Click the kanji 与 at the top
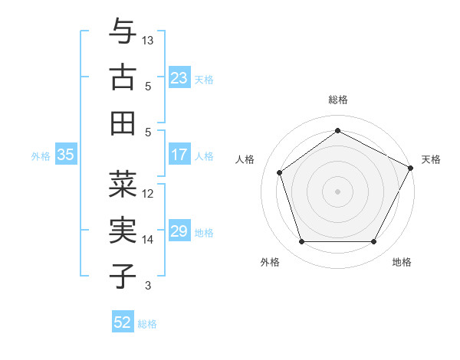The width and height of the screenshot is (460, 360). point(123,33)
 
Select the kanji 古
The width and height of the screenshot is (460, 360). point(123,77)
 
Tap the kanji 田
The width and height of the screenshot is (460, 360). point(123,123)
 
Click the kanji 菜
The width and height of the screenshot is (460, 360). point(123,185)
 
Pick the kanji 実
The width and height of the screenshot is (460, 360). point(123,231)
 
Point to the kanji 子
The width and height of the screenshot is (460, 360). point(123,276)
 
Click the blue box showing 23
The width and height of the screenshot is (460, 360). point(179,77)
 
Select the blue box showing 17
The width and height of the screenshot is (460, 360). point(179,155)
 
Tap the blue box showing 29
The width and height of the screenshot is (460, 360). point(179,232)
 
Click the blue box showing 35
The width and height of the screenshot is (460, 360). point(66,155)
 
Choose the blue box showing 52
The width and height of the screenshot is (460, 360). point(123,322)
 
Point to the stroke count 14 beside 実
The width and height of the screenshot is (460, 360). point(148,240)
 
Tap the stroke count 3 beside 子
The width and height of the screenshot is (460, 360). point(148,286)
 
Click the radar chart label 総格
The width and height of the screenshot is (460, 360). point(338,100)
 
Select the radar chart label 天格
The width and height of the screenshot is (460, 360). point(431,159)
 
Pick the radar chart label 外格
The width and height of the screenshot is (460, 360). point(270,262)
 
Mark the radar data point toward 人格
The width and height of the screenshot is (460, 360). point(280,172)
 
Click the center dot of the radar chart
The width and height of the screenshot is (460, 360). point(338,191)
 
